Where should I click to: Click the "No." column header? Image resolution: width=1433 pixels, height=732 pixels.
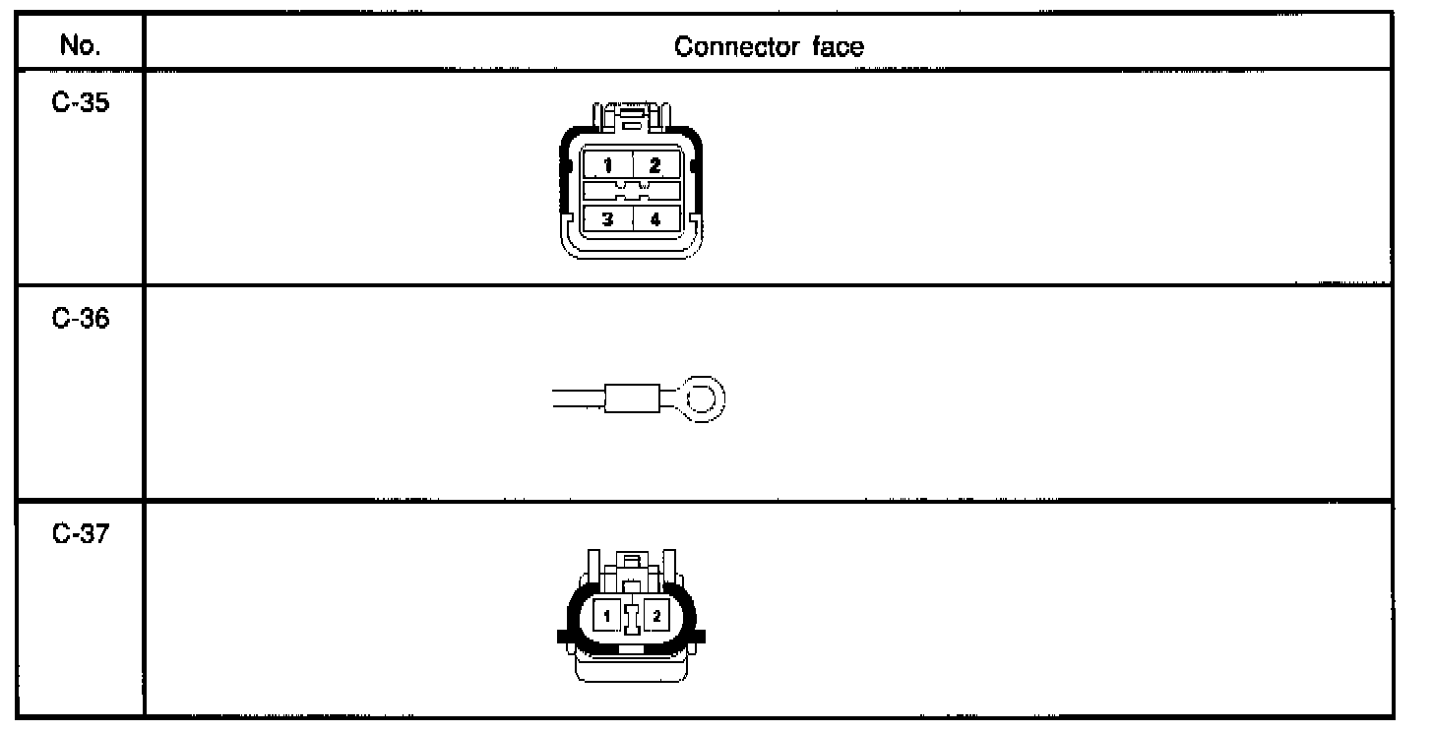tap(81, 46)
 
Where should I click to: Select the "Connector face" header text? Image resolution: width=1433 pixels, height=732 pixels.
tap(769, 46)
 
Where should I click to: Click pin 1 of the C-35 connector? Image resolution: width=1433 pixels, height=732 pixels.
tap(608, 164)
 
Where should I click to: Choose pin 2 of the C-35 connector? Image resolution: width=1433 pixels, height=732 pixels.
tap(654, 164)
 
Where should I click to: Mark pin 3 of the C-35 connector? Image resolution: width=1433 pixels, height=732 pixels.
tap(608, 219)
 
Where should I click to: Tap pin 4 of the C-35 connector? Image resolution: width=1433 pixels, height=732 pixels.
tap(654, 219)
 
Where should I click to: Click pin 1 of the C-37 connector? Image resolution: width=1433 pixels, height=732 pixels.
tap(608, 617)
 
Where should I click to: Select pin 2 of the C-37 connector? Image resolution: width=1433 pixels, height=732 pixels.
tap(657, 617)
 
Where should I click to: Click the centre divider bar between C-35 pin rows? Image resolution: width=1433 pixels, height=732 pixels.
tap(631, 191)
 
